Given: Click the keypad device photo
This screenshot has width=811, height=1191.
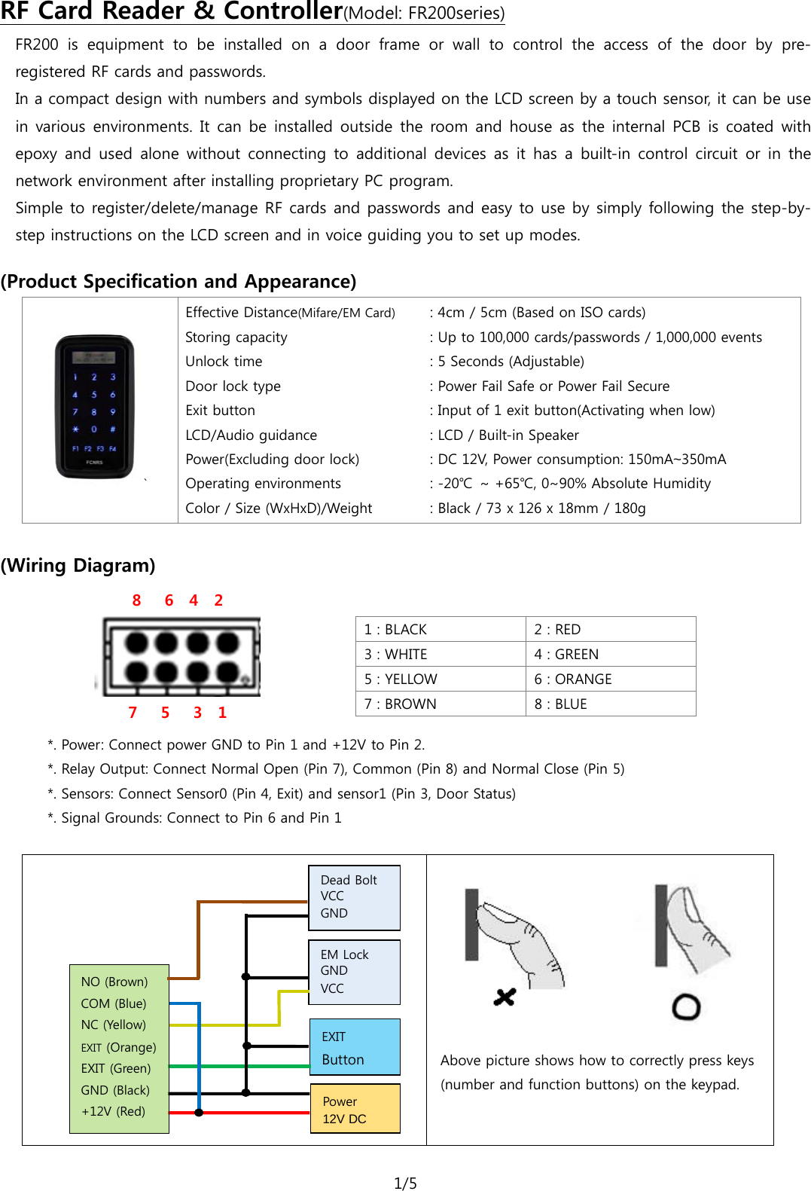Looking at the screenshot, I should point(94,407).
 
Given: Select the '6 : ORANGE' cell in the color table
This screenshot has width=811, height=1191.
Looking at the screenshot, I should point(610,679).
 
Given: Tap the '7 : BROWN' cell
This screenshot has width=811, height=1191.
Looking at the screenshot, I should point(440,704).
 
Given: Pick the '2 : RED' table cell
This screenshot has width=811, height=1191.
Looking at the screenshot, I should point(610,629).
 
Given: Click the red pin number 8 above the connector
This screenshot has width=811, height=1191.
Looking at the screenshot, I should point(136,600).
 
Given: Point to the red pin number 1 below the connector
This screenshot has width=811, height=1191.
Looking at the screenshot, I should point(222,713).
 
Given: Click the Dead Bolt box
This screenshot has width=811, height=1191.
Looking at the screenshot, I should point(354,897).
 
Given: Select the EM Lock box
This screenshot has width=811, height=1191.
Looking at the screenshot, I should point(354,972).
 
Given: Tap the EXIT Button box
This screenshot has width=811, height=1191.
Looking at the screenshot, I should point(354,1047).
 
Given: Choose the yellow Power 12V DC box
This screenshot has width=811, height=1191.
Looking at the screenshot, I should point(355,1109).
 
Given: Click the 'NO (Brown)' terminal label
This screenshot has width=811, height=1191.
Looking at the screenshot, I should point(114,982).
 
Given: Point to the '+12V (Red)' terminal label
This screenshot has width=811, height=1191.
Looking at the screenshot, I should point(114,1111).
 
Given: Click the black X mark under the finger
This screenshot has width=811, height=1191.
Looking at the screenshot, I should point(505,997).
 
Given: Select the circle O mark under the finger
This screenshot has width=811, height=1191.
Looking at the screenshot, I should point(686,1006).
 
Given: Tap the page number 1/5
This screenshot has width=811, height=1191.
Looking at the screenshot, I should point(405,1183).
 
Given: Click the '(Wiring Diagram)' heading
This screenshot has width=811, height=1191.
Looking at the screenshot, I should point(78,565).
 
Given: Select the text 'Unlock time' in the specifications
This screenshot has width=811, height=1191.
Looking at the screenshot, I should point(224,362).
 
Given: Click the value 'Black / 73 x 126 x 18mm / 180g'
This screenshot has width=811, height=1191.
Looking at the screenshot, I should point(541,508).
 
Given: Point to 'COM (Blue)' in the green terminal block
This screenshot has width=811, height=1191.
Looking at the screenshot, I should point(114,1003).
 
